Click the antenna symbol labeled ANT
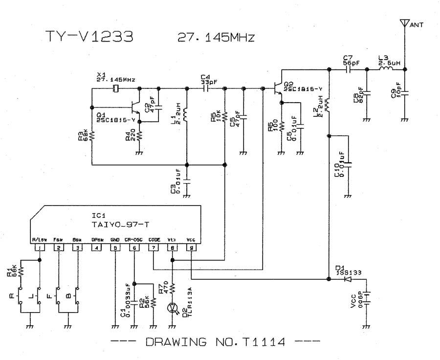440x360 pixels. click(404, 23)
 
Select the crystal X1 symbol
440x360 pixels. click(116, 88)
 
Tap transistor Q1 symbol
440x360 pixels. click(135, 107)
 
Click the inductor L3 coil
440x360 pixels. click(386, 69)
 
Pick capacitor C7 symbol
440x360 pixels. click(349, 69)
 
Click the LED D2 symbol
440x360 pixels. click(172, 307)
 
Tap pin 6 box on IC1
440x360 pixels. click(134, 248)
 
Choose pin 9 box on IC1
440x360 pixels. click(191, 248)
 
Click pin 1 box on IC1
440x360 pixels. click(39, 248)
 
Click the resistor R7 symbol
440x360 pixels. click(172, 288)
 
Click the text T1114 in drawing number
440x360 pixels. click(263, 342)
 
